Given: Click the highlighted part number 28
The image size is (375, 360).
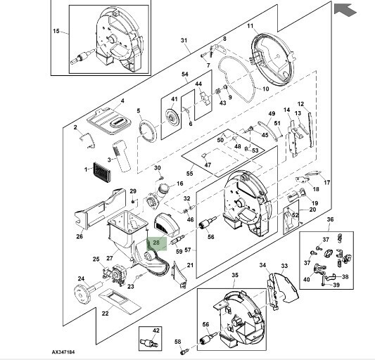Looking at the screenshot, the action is pos(156,243).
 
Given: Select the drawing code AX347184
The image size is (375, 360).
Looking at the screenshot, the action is pos(63,352).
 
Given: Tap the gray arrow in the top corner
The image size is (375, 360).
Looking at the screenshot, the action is pos(345,10).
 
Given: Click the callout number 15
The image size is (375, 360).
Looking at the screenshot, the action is pos(56,31).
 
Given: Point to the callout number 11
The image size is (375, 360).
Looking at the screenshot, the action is pos(250,25).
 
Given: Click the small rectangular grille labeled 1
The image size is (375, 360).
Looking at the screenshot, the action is pos(102,172).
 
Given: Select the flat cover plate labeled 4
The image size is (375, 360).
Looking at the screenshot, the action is pos(109,122).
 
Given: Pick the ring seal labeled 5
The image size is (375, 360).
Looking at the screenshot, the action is pos(148,131).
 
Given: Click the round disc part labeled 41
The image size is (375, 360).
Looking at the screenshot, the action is pos(172,117).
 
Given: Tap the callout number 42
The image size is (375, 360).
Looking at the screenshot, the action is pos(156,330).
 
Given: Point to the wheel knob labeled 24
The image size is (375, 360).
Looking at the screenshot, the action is pos(87,292).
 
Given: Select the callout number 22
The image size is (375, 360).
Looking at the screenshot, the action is pos(106,313).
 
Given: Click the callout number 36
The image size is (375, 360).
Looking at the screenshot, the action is pos(330,219).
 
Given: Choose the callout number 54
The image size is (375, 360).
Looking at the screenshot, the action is pos(185,75).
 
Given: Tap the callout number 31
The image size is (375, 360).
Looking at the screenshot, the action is pos(184,40).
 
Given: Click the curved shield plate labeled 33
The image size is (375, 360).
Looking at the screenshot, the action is pos(286,287).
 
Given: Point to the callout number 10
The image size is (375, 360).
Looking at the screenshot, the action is pos(266,89).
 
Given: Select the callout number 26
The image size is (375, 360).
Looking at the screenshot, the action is pos(80,236).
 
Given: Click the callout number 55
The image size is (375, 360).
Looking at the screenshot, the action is pos(189,173).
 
